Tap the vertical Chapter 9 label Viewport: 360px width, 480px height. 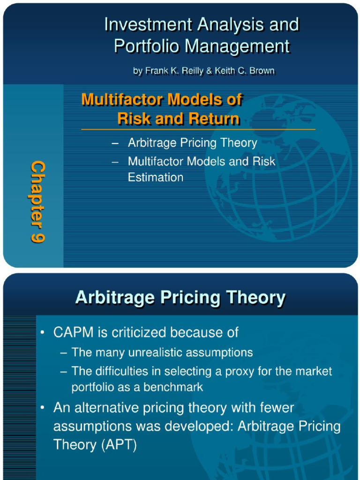pos(38,202)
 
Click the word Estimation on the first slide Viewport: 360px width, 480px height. pos(155,177)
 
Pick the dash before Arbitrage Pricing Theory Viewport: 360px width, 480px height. pos(115,143)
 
